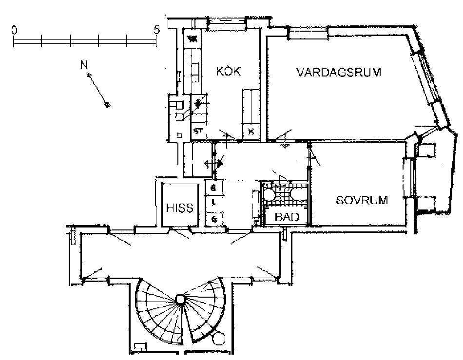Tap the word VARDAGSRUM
pos(339,73)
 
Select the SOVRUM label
pos(362,200)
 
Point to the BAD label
pos(287,217)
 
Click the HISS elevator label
pos(180,208)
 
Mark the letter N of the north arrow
pos(84,64)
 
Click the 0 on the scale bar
pos(14,30)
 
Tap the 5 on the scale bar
pos(156,30)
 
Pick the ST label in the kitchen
pos(197,131)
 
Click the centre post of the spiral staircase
pos(180,299)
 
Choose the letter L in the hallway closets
pos(214,202)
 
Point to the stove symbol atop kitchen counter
pos(192,38)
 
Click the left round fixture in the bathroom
pos(269,194)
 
